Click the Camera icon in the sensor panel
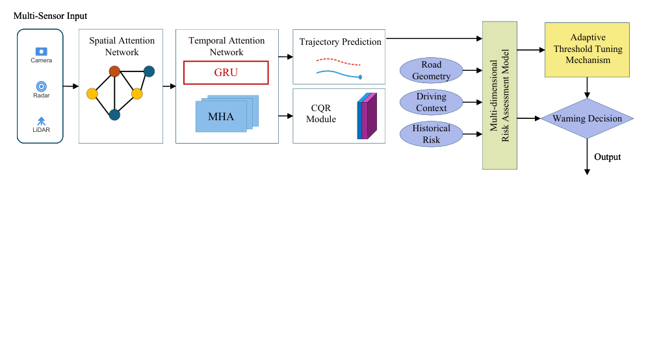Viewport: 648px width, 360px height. [x=41, y=51]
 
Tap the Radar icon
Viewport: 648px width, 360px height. [x=41, y=86]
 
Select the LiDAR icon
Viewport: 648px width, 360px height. [x=41, y=120]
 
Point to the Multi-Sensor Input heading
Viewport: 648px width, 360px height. [x=50, y=15]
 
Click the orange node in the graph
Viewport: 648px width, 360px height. [x=114, y=71]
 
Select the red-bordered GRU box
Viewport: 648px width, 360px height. [x=226, y=73]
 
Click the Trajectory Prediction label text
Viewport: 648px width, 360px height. [x=340, y=42]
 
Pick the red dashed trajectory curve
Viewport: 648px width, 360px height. [x=338, y=62]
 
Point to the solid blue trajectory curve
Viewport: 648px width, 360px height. [x=338, y=74]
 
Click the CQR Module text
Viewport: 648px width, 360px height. [x=321, y=114]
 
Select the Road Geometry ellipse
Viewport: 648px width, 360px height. [x=431, y=71]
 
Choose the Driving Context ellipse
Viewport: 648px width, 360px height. [x=431, y=102]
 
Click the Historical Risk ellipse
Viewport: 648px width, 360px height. [x=431, y=134]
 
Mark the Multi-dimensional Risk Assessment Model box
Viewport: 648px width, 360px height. [x=499, y=95]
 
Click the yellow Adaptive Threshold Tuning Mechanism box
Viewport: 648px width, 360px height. [x=587, y=49]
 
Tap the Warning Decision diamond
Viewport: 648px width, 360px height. [x=587, y=119]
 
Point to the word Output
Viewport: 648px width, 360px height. [x=607, y=157]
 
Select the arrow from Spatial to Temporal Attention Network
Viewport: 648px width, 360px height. [x=169, y=86]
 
